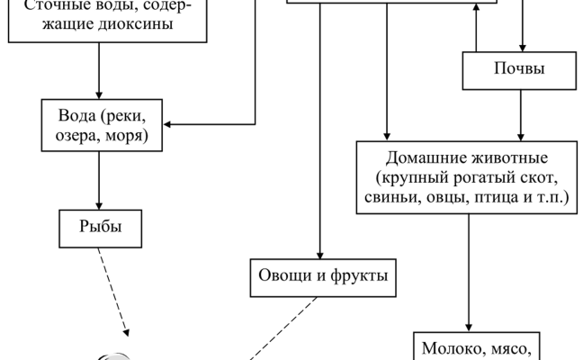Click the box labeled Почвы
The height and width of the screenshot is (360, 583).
[x=514, y=68]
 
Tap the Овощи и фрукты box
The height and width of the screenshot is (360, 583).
[x=322, y=273]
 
